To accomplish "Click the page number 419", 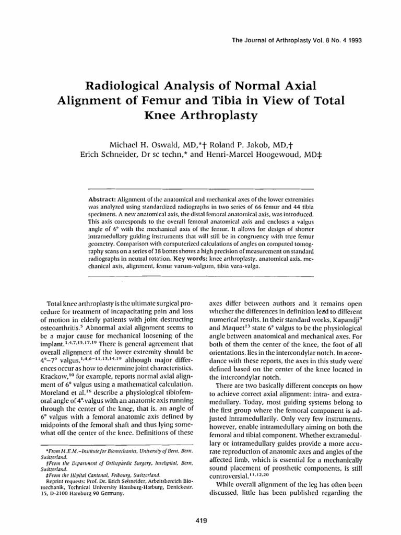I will pos(200,519).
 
